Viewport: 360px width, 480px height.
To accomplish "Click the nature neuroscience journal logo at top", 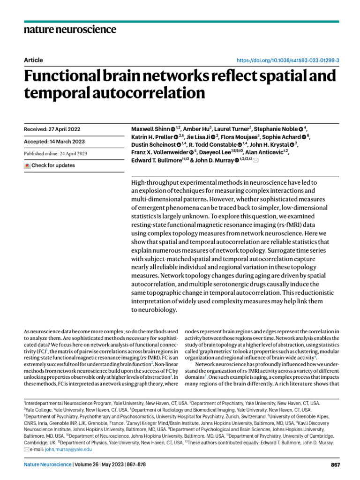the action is pos(70,30).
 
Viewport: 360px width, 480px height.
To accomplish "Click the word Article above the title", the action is pos(33,60).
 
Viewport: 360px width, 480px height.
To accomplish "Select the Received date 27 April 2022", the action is pos(51,129).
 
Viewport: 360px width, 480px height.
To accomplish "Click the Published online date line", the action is pos(55,153).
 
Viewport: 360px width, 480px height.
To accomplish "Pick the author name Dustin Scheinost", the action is pos(154,144).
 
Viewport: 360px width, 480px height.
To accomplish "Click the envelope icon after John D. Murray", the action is pos(255,160).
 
